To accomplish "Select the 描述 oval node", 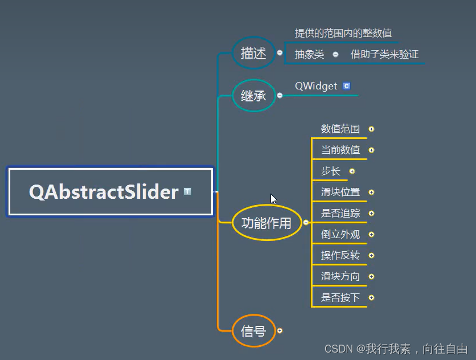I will [253, 54].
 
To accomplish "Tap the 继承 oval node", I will [253, 96].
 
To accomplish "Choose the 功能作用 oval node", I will [266, 223].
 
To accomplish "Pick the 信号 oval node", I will [253, 330].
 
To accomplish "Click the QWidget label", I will [316, 86].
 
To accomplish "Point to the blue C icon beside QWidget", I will [347, 86].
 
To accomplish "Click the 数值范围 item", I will [340, 129].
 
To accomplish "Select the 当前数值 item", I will [340, 150].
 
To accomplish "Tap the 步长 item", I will [330, 171].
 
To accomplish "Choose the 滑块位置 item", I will [340, 193].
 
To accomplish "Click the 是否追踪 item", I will [340, 214].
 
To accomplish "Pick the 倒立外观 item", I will [340, 235].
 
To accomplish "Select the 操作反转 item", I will [340, 256].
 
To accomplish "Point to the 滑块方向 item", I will [340, 277].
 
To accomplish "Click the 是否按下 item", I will [340, 298].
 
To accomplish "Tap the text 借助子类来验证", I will [384, 55].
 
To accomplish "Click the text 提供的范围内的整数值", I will [343, 34].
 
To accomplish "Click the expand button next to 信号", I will [280, 330].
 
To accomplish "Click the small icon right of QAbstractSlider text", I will [187, 192].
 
